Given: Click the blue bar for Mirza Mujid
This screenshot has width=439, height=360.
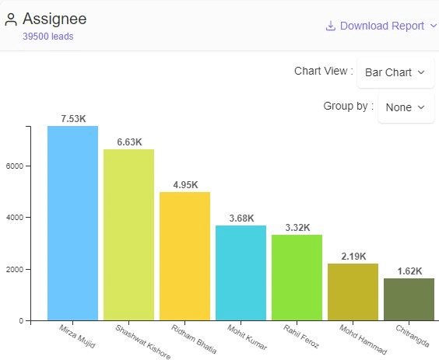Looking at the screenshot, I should tap(72, 222).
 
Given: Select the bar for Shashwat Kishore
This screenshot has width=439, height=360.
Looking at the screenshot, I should tap(128, 234).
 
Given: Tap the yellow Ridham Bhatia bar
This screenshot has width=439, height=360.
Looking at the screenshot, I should tap(184, 256).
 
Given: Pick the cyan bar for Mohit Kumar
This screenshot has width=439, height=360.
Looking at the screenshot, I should tap(241, 272).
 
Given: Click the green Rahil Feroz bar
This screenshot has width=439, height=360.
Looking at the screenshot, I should tap(297, 277).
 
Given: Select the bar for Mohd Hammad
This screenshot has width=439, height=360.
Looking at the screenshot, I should tap(353, 292).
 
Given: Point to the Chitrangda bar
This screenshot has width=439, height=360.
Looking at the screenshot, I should tap(409, 299).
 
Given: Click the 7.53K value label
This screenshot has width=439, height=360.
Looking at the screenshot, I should tap(73, 119).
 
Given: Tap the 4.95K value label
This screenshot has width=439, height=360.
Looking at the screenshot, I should tap(185, 185).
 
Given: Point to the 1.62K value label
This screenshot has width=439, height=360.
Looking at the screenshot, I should tap(409, 271).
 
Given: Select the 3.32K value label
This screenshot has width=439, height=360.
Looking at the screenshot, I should tap(297, 228).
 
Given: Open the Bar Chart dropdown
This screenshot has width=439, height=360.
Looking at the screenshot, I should tap(395, 72).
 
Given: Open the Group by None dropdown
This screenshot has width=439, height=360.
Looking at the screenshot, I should tap(406, 107).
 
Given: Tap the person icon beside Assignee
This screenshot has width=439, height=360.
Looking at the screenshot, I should tap(11, 19).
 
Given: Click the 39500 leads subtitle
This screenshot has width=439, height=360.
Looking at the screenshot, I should tap(48, 37).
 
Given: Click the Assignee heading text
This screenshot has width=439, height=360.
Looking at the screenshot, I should tap(54, 19).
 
